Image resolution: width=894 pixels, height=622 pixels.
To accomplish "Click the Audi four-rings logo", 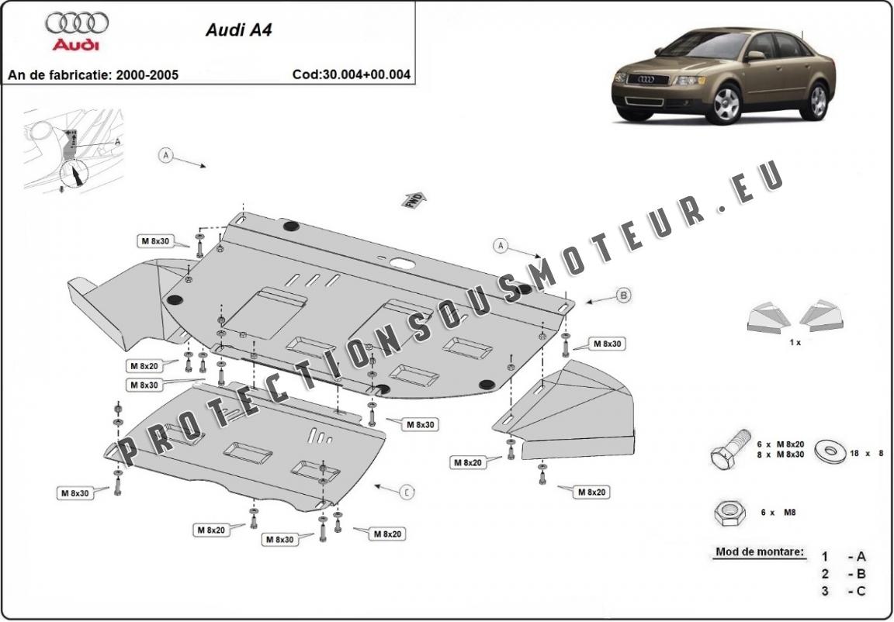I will click(77, 22).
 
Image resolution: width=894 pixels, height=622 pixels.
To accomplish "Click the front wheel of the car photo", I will click(726, 105).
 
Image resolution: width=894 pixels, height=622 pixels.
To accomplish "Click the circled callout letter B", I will click(622, 295).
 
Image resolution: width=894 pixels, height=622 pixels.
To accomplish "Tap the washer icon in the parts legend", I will click(830, 450).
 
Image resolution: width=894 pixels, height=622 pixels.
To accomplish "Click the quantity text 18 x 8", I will click(868, 452).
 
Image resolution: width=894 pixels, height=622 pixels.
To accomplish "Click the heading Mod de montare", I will click(759, 554).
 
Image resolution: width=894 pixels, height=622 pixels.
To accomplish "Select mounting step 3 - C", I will click(844, 591).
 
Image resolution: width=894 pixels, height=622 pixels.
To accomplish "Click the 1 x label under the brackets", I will click(795, 341).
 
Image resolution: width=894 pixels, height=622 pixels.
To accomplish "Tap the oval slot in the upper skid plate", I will click(401, 263).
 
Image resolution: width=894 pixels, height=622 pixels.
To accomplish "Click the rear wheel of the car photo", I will click(817, 100).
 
